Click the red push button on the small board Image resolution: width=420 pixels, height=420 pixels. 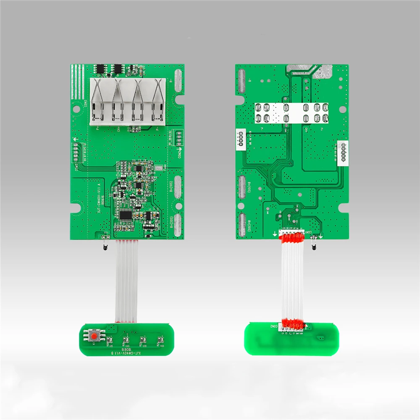96,336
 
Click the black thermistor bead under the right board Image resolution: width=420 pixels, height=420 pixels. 313,247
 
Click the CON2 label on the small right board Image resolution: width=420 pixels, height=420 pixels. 273,326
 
